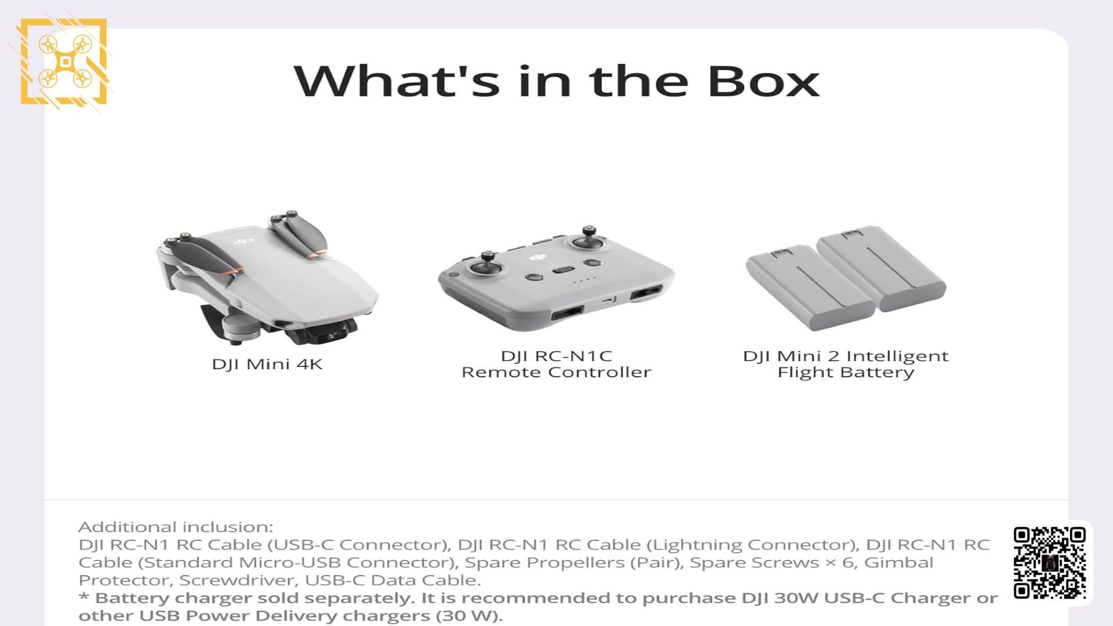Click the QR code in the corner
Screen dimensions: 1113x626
coord(1049,563)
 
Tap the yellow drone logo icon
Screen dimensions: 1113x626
coord(64,62)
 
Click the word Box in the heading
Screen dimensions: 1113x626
coord(763,81)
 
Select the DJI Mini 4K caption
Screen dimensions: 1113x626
coord(267,365)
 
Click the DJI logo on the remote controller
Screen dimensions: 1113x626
coord(538,257)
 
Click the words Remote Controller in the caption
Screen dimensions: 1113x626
coord(556,372)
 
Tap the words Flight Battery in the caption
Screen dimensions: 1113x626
coord(846,373)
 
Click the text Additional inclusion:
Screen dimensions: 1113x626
coord(176,527)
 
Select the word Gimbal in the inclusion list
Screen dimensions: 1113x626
coord(899,562)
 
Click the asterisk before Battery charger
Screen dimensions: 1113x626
coord(84,596)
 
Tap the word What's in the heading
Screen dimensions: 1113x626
coord(397,81)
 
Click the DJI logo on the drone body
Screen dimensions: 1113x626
coord(244,241)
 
